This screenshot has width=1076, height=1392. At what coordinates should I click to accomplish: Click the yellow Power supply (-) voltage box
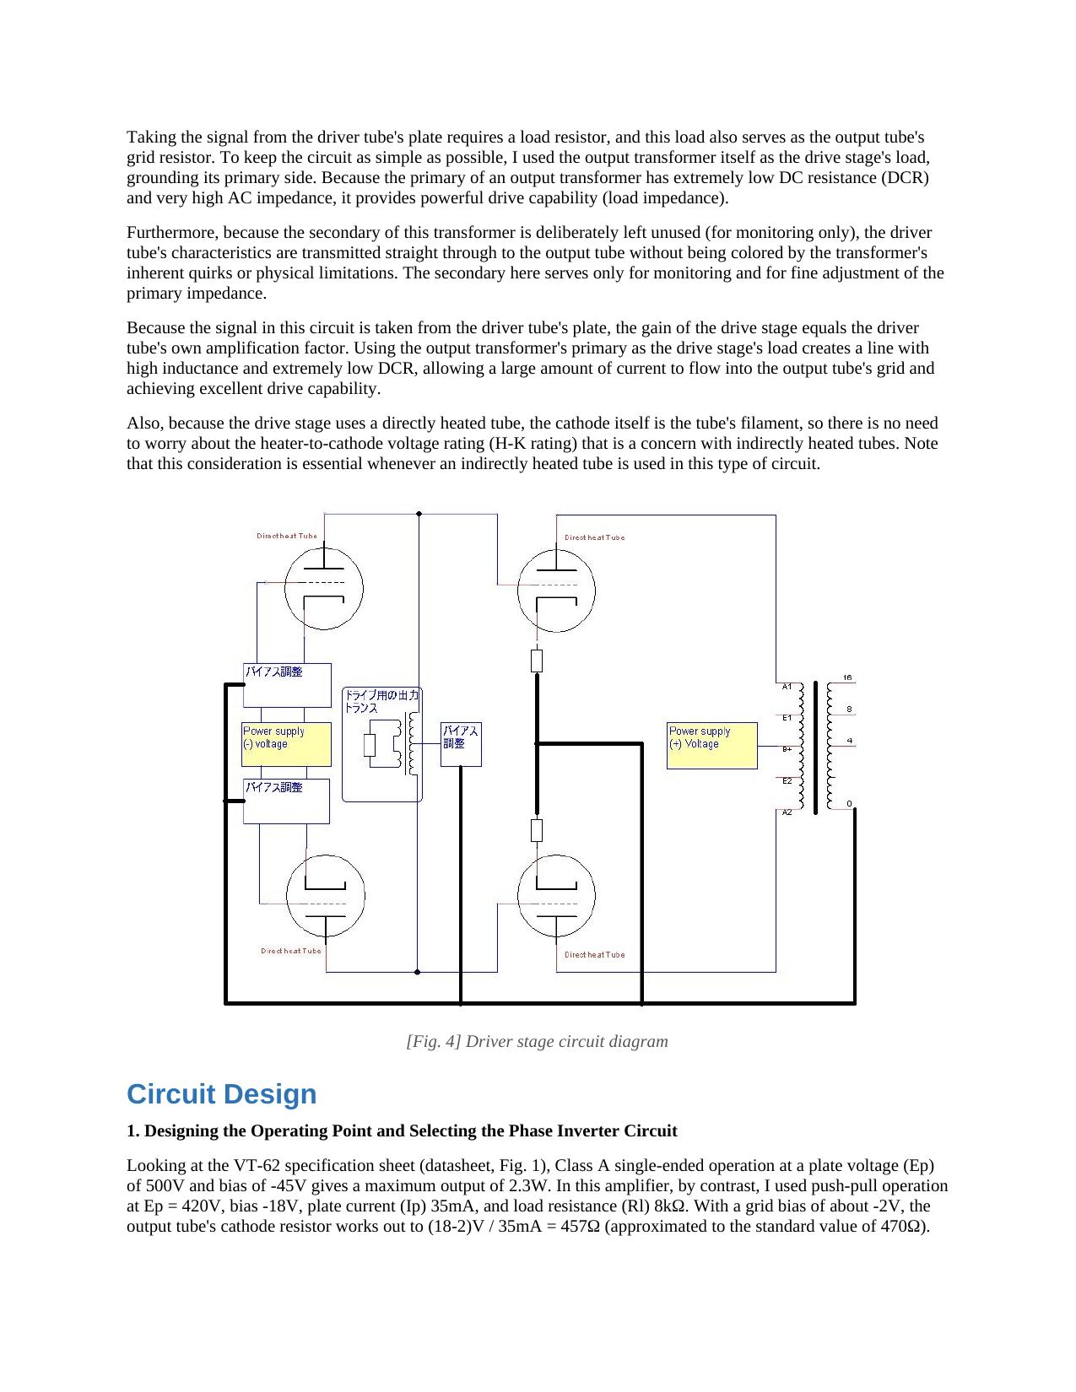coord(286,744)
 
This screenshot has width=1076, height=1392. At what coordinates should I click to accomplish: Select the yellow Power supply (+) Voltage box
coord(712,746)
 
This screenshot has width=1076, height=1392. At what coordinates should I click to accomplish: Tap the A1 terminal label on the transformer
coord(787,687)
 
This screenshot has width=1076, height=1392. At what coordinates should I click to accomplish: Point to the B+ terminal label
coord(787,749)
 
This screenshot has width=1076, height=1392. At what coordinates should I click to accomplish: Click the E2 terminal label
coord(787,781)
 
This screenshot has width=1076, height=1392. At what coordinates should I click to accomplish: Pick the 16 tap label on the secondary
coord(848,677)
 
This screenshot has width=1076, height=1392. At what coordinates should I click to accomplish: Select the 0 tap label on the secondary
coord(849,804)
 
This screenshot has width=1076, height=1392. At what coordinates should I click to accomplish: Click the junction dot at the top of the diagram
coord(419,514)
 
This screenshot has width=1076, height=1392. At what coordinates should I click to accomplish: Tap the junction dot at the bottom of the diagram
coord(417,972)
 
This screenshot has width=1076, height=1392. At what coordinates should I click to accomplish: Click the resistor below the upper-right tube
coord(537,661)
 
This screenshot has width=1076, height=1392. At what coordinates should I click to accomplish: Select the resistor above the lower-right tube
coord(537,830)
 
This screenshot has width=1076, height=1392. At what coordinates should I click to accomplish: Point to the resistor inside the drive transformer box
coord(369,745)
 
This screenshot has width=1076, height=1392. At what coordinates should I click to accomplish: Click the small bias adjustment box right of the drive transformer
coord(461,744)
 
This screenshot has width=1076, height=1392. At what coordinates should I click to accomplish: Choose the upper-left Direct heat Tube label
coord(286,537)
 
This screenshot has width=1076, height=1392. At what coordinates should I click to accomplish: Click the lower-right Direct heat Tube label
coord(594,954)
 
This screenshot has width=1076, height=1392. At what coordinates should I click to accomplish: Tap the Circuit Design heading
coord(222,1093)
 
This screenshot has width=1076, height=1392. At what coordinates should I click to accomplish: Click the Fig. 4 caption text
coord(537,1041)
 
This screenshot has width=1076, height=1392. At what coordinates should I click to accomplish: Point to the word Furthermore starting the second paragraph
coord(172,232)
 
